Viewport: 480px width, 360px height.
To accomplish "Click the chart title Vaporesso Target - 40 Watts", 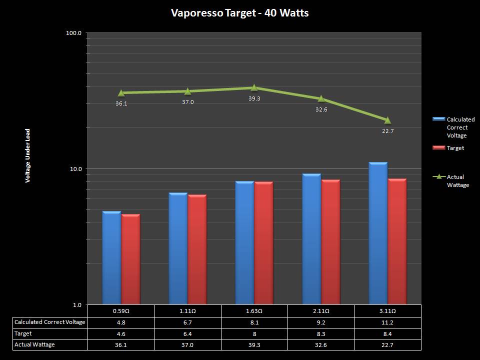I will coord(239,13).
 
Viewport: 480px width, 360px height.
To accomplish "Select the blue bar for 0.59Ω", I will coord(111,257).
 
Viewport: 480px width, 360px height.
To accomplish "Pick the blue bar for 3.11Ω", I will coord(378,233).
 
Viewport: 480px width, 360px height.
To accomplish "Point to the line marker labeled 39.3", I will coord(254,88).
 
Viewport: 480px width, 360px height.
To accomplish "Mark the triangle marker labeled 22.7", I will coord(387,120).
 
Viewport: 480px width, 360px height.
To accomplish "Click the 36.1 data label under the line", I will coord(121,104).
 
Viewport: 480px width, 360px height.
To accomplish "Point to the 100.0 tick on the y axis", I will coord(74,33).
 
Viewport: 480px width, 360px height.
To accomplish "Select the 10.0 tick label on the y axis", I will coord(76,169).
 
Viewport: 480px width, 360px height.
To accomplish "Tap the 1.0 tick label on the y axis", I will coord(77,304).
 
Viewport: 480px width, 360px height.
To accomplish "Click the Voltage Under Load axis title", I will coord(28,156).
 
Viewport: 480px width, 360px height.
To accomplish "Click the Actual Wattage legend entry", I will coord(457,181).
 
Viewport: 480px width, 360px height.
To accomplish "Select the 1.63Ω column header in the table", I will coord(254,311).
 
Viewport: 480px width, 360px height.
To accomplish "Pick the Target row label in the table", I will coord(23,333).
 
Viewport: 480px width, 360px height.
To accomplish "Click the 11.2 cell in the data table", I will coord(387,322).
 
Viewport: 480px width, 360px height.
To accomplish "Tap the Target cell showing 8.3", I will coord(321,333).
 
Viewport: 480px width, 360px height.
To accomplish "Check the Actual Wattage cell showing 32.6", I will coord(321,344).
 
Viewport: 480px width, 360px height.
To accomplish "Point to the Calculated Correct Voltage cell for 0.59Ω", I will coord(121,322).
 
